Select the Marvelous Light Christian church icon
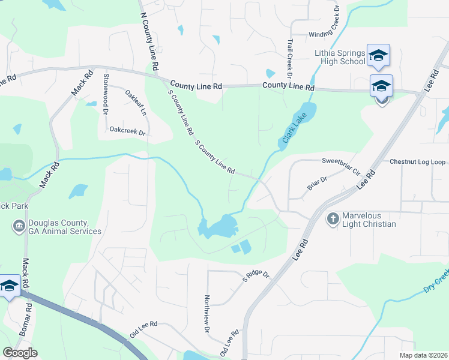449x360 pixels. pos(333,218)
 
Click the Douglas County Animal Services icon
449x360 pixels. pos(19,226)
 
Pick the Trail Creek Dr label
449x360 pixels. pos(289,59)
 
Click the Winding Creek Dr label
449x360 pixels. pos(324,34)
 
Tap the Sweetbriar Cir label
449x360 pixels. pos(341,166)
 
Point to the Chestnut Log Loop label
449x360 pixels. pos(417,162)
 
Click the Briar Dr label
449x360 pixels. pos(317,183)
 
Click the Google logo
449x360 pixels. pos(20,353)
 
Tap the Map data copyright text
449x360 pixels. pos(424,355)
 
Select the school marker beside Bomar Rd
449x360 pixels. pos(10,287)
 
